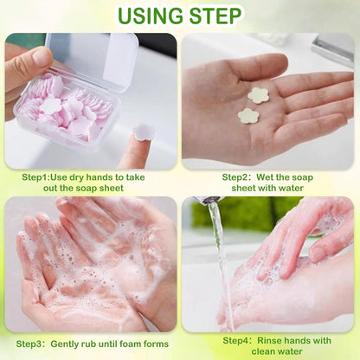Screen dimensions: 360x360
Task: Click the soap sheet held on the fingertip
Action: (142, 132)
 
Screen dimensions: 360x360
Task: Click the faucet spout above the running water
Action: (209, 200)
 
